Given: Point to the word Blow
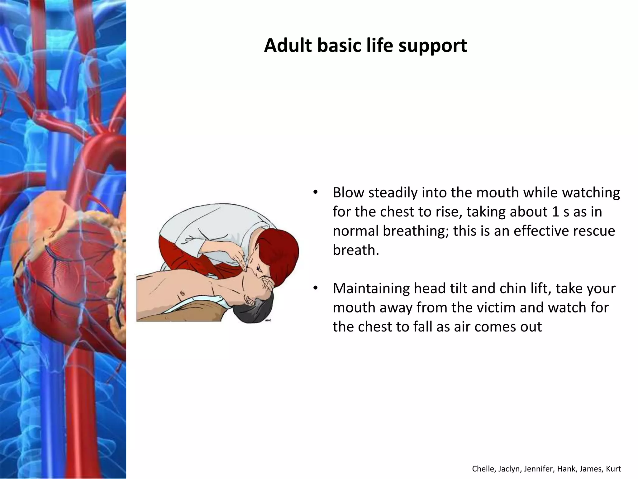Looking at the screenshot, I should (x=349, y=193).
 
